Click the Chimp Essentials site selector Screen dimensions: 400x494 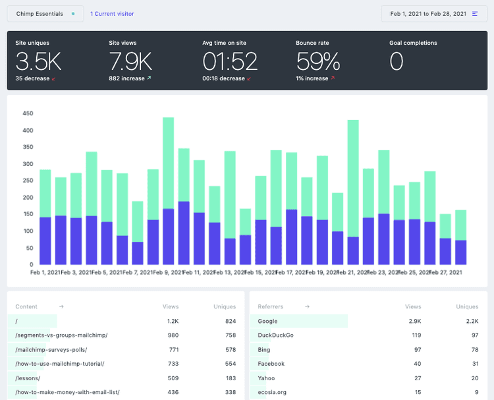point(45,13)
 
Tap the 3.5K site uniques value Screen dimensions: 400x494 point(38,61)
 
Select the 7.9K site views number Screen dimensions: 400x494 point(130,61)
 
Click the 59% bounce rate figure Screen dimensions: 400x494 point(318,61)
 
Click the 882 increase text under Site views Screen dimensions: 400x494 point(126,78)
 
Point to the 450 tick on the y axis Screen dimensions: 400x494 point(28,113)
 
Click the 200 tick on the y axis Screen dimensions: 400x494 point(28,198)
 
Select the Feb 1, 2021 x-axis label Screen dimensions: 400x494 point(45,271)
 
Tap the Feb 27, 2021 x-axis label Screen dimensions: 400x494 point(446,271)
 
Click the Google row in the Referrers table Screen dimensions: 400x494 point(268,321)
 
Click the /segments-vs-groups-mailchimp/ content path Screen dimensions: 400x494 point(61,335)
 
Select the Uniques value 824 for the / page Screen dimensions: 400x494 point(230,321)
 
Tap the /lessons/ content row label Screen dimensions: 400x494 point(28,378)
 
